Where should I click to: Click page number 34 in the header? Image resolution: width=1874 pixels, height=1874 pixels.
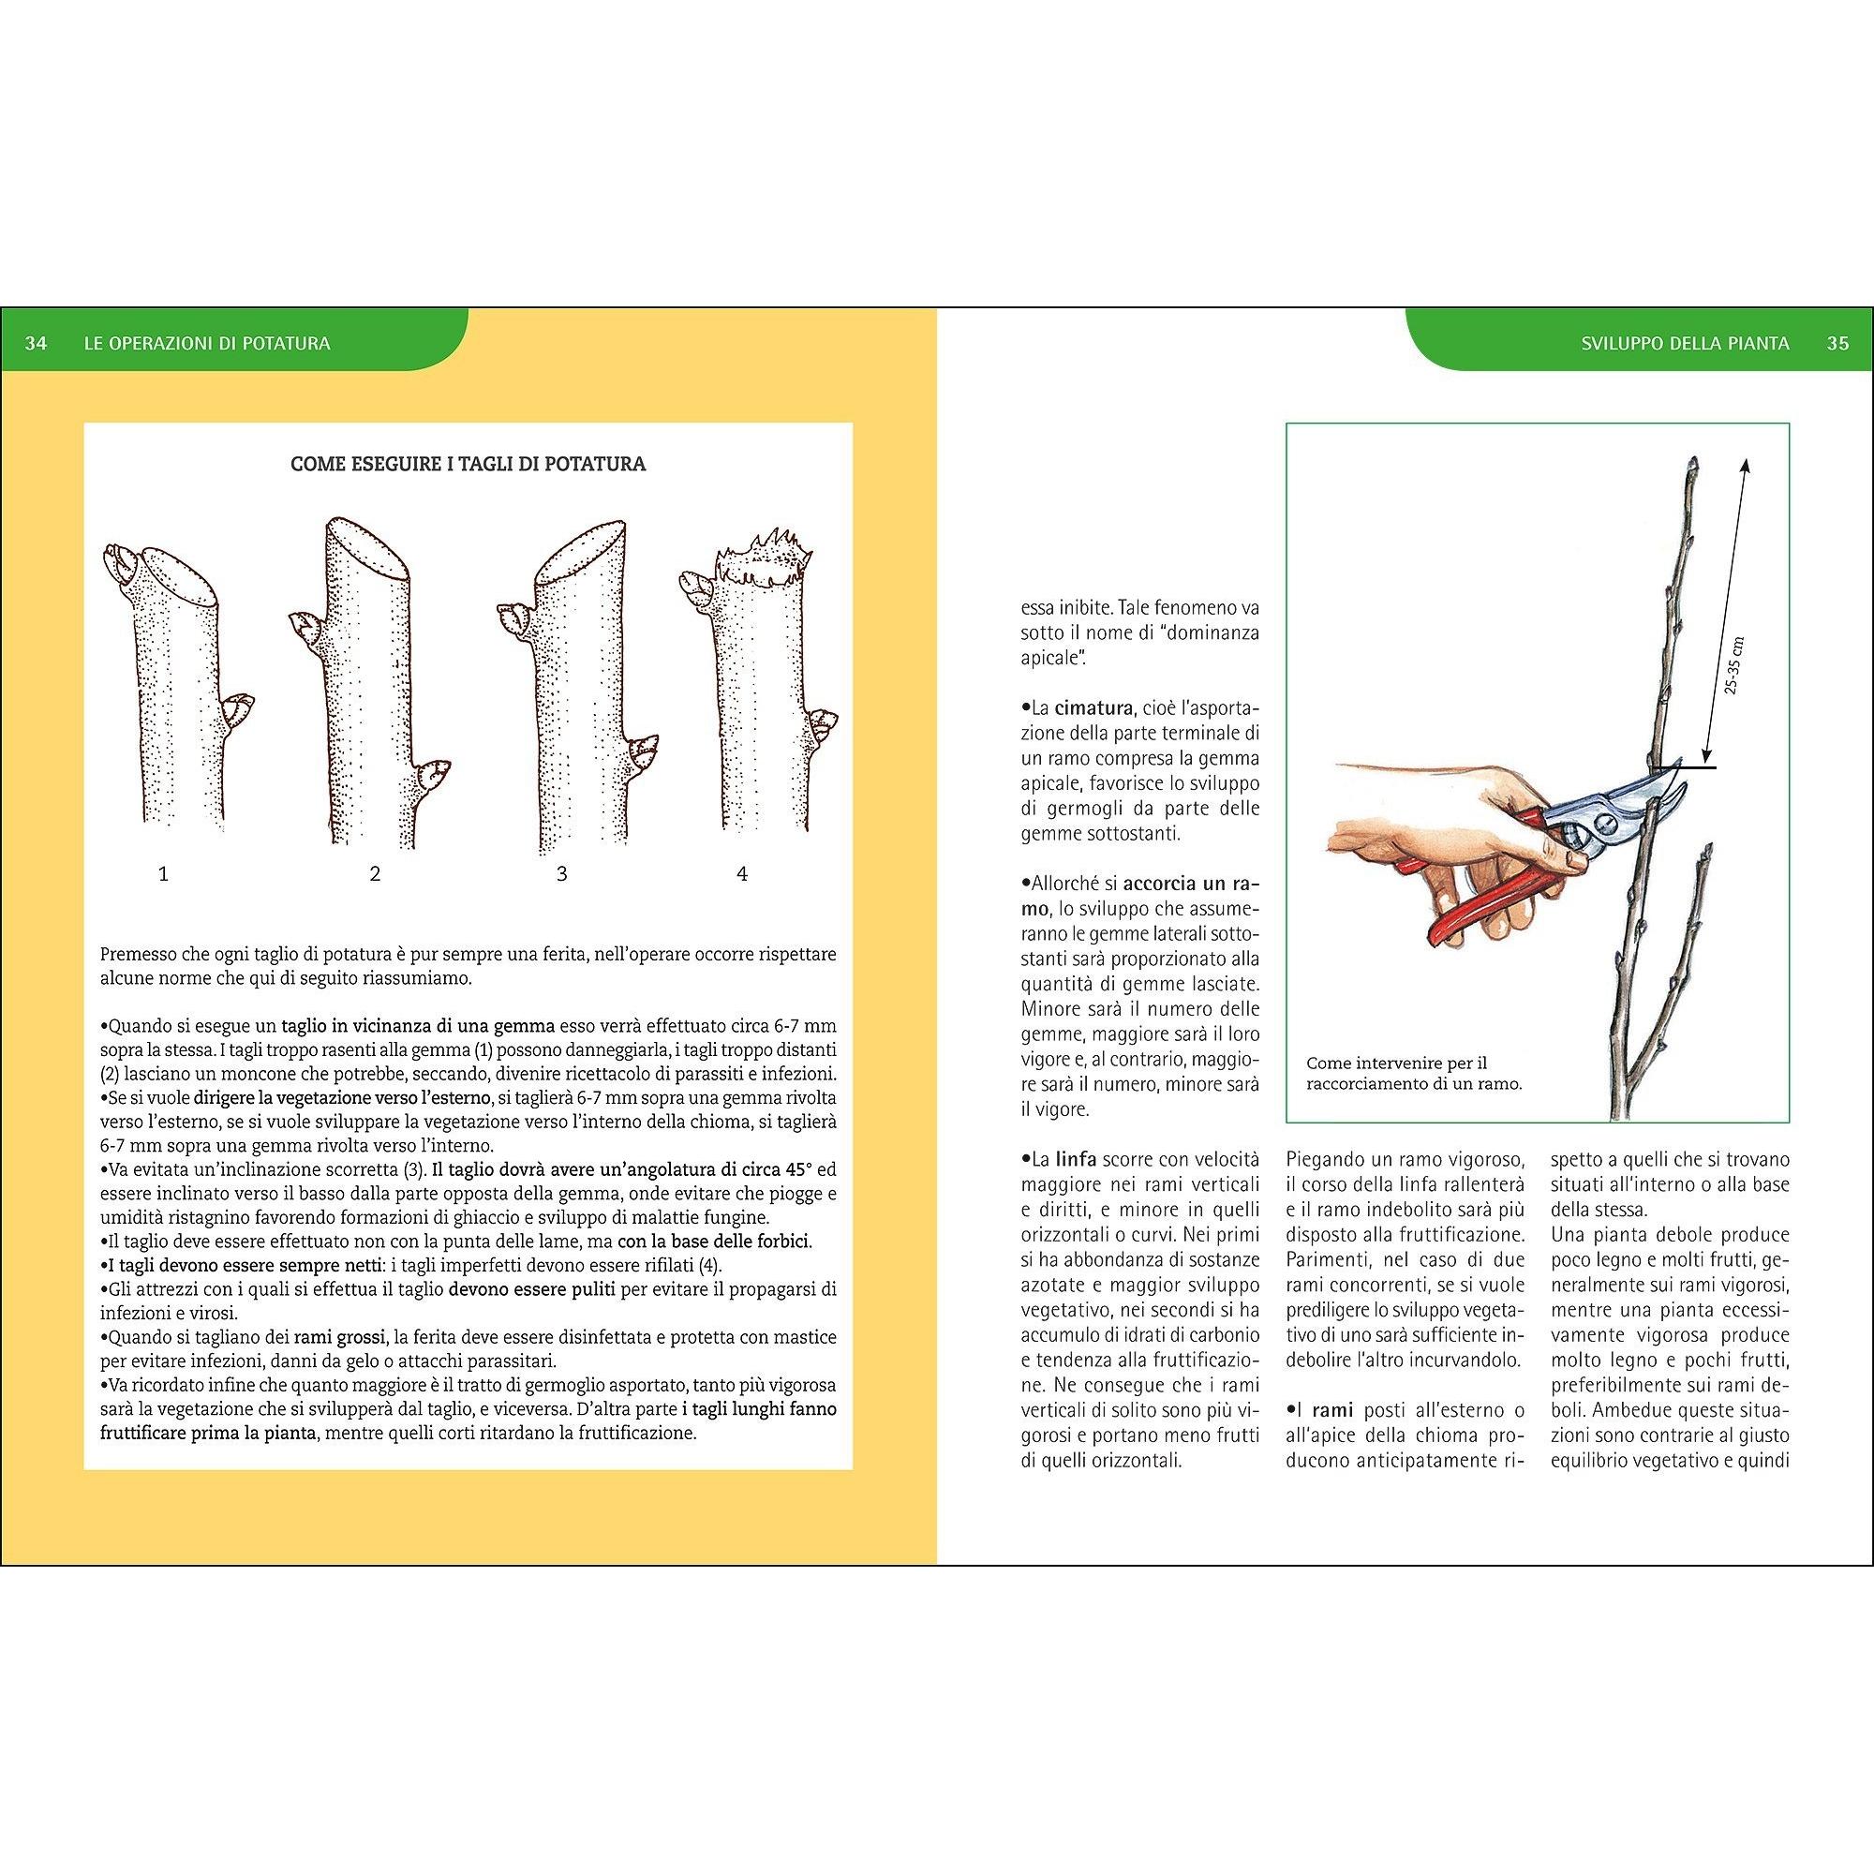36,343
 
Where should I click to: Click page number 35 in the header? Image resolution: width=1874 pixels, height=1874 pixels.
1837,343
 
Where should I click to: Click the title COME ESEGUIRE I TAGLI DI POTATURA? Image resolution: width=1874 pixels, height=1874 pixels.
468,464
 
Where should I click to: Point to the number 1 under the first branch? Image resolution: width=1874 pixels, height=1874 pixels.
164,874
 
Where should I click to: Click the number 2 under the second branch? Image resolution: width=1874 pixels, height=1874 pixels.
376,874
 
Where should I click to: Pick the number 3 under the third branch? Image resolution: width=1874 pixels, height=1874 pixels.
561,874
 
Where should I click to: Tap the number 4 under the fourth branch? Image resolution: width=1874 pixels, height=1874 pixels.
742,874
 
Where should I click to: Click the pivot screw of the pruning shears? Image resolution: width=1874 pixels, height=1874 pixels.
1605,824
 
